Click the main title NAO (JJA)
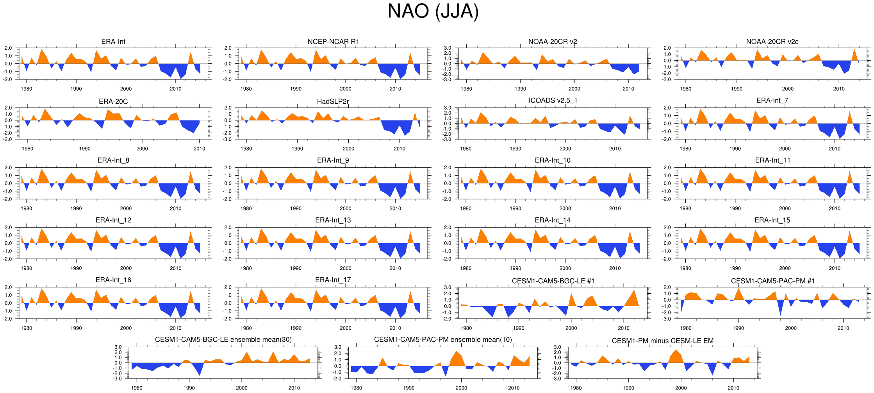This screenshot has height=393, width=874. tap(433, 11)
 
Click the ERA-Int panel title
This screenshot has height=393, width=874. tap(113, 42)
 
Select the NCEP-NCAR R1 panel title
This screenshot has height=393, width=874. tap(333, 42)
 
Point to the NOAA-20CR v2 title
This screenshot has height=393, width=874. tap(553, 42)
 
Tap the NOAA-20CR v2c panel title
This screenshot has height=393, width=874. tap(772, 42)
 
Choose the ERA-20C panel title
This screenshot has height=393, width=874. tap(113, 102)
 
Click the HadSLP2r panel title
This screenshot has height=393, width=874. tap(333, 102)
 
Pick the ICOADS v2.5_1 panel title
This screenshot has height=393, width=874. tap(553, 100)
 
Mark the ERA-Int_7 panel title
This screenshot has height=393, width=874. tap(772, 100)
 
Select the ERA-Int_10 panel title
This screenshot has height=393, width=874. tap(553, 160)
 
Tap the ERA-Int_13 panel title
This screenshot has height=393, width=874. tap(333, 220)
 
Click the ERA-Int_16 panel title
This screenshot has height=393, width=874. tap(113, 280)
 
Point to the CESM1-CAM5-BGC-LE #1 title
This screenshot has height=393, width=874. tap(553, 281)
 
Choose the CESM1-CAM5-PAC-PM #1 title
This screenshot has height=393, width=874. tap(772, 281)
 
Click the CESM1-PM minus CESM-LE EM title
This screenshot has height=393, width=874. tap(662, 341)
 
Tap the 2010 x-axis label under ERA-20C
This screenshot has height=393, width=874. tap(199, 149)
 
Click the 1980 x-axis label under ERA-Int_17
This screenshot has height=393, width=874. tap(246, 328)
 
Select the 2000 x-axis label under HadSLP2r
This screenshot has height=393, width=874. tap(348, 149)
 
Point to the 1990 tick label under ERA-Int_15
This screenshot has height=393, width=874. tap(735, 268)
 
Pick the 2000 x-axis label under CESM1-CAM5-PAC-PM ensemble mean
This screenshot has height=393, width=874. tap(461, 388)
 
